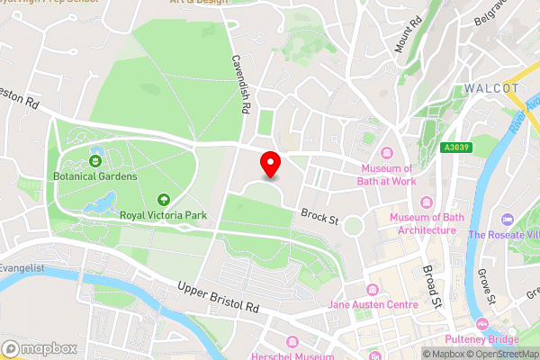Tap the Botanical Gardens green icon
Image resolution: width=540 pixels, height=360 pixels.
[95, 161]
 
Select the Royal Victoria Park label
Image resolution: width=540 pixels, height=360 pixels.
[165, 215]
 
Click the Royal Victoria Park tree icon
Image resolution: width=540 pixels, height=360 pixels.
[164, 200]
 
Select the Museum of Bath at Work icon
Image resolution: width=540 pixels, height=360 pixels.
[387, 152]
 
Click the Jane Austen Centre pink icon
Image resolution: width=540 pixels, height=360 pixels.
[373, 289]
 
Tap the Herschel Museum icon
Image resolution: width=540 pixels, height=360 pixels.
[293, 342]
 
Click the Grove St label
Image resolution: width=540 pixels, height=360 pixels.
[489, 283]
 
